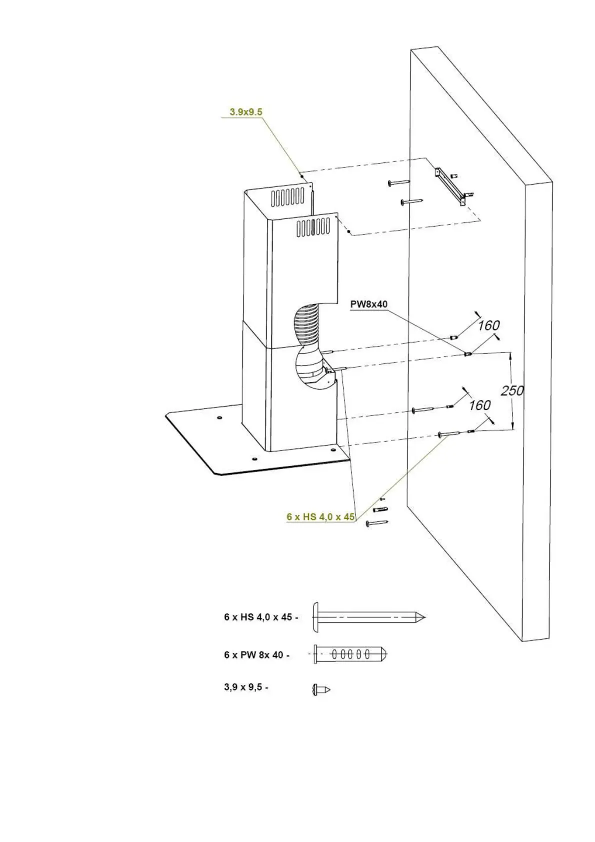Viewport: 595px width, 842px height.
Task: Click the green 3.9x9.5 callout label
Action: click(245, 112)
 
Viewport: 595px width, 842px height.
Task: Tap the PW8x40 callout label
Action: click(369, 304)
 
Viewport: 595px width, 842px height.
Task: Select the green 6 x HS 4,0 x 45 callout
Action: click(320, 516)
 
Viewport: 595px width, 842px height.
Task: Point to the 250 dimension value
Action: click(512, 390)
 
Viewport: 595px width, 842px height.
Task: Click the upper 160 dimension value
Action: click(488, 325)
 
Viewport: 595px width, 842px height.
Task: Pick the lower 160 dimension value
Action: click(479, 404)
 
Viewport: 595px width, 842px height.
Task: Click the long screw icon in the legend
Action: click(368, 616)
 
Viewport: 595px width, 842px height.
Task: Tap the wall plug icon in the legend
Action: click(350, 653)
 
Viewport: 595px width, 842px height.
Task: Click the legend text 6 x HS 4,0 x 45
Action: click(260, 617)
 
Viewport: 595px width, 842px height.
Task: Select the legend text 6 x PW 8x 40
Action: click(256, 654)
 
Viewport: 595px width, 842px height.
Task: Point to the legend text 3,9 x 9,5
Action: click(245, 687)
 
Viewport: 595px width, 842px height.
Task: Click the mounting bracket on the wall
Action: click(453, 187)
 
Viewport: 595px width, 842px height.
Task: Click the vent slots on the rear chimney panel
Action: click(288, 197)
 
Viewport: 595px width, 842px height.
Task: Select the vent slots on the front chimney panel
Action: click(313, 227)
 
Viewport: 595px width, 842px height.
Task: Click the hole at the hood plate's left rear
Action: click(219, 417)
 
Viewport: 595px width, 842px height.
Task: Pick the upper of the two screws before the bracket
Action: click(398, 183)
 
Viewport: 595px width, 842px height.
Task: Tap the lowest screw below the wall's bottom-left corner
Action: click(376, 523)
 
